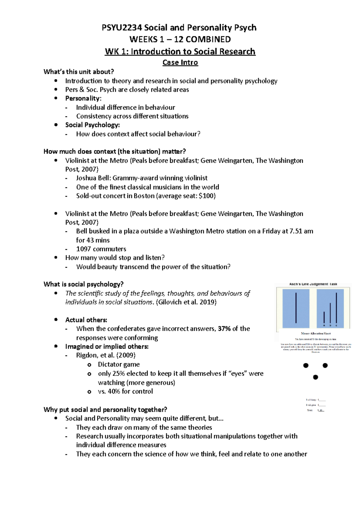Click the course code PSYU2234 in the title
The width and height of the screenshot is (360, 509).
click(122, 28)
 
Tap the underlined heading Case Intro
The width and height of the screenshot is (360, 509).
click(180, 63)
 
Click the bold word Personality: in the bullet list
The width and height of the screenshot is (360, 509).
click(83, 98)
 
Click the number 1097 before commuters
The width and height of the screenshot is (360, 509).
click(84, 249)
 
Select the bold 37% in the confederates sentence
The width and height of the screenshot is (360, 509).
click(224, 329)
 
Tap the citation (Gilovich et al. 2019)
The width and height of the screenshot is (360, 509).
click(186, 302)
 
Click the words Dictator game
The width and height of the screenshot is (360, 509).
click(118, 365)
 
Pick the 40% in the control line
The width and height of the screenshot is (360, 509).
click(114, 391)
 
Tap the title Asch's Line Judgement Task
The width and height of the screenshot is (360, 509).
click(313, 284)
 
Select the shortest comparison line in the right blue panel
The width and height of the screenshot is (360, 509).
click(324, 317)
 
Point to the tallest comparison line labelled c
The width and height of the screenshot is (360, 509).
click(336, 308)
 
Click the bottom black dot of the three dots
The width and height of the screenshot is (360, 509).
click(315, 377)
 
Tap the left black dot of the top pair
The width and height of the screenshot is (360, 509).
click(306, 365)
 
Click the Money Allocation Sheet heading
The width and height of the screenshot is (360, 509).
click(316, 333)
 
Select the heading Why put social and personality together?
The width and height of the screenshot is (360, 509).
click(105, 409)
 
